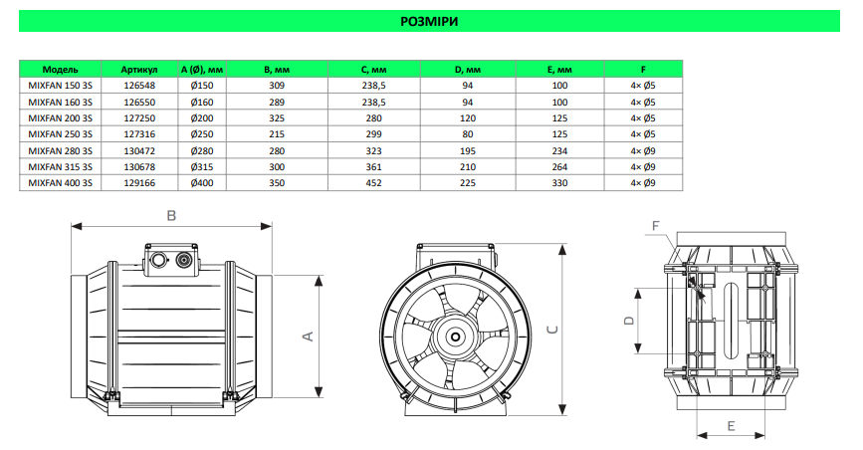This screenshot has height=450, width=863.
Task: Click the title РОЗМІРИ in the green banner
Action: point(429,22)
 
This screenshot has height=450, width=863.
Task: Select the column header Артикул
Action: point(139,70)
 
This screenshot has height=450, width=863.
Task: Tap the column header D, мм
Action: point(467,70)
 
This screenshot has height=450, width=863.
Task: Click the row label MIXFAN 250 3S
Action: point(60,134)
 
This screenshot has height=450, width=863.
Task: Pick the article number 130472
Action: point(139,151)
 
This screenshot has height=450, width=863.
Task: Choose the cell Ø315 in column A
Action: point(202,167)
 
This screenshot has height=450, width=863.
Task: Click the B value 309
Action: point(277,86)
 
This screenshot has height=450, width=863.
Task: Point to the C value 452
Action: point(373,183)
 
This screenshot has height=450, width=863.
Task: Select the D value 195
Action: point(468,151)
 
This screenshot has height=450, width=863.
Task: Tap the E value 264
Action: point(559,167)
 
